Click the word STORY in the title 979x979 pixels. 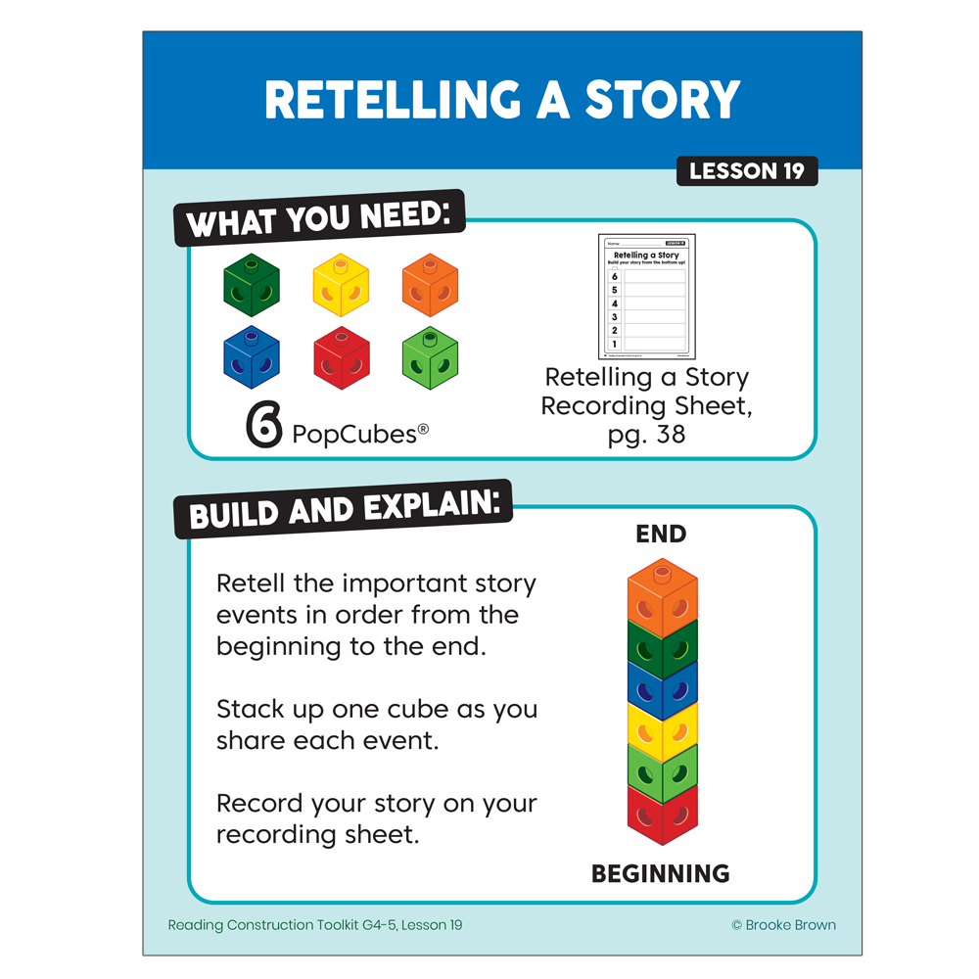coord(662,100)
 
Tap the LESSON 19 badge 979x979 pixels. coord(746,171)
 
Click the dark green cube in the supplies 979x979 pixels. coord(252,285)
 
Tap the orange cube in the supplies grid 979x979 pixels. coord(430,285)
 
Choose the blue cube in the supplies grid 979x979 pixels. coord(252,357)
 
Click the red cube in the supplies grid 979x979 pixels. coord(341,358)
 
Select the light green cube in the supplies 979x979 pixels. coord(430,357)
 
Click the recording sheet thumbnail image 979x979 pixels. coord(646,297)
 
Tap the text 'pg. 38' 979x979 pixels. coord(646,434)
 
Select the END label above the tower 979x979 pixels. coord(661,535)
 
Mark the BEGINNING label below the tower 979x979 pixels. coord(661,873)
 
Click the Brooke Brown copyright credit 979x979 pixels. coord(783,925)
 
